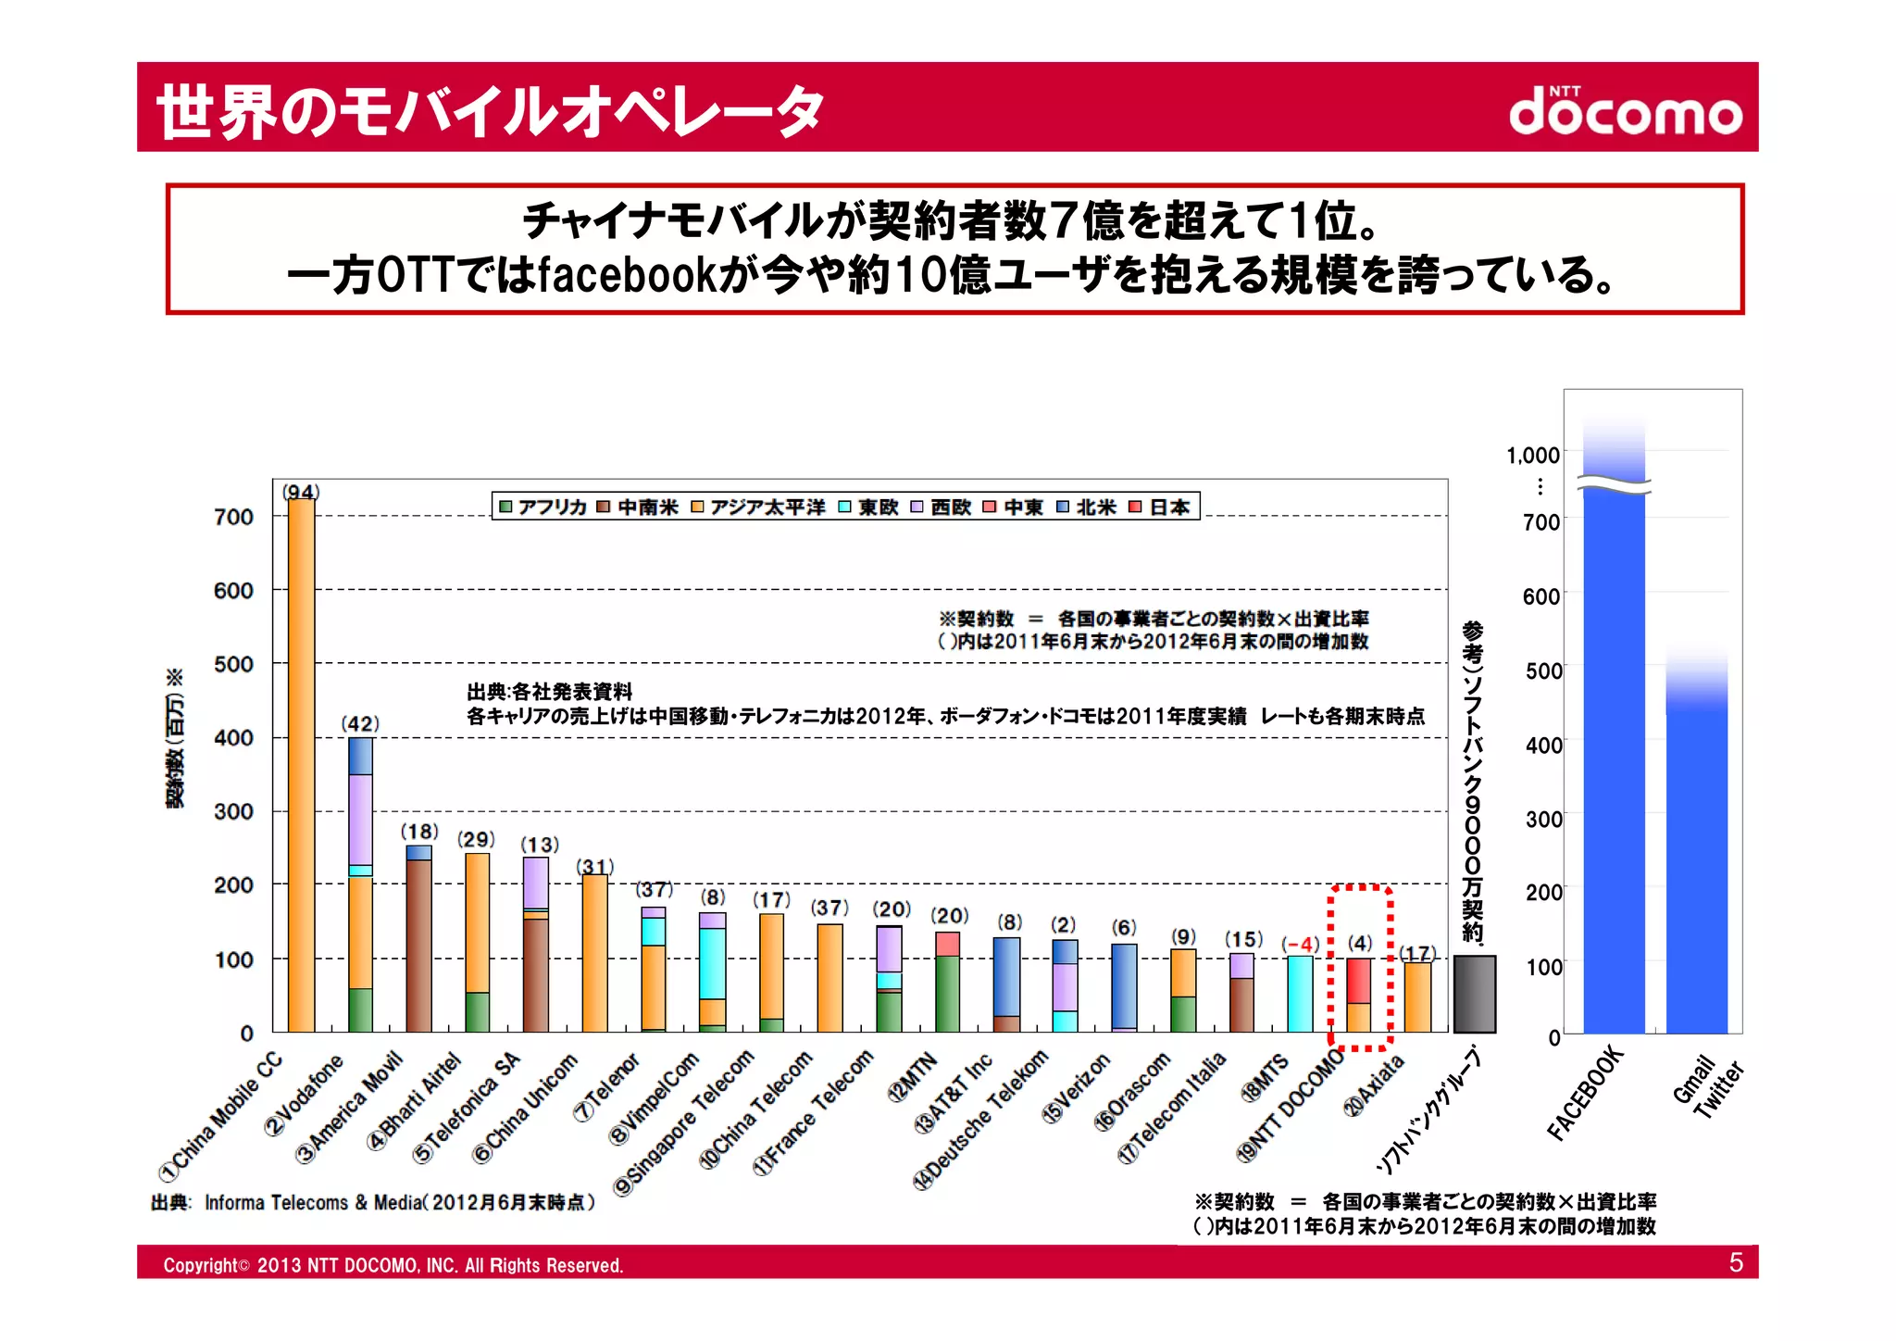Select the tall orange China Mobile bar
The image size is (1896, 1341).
coord(301,764)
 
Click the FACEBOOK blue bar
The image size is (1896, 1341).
coord(1614,759)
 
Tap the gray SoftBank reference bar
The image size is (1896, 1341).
coord(1474,994)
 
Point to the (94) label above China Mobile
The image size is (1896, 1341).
coord(301,492)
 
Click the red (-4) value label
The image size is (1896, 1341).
coord(1301,945)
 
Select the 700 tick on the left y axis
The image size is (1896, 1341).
coord(233,517)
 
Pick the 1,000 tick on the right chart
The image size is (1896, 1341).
coord(1532,456)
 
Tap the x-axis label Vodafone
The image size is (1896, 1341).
coord(305,1094)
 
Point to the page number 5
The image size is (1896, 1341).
coord(1736,1263)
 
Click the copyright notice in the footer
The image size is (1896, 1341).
coord(393,1265)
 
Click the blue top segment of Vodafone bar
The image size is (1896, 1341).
coord(360,756)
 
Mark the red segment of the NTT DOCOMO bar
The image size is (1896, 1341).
coord(1358,981)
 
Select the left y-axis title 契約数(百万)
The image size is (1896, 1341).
coord(175,738)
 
